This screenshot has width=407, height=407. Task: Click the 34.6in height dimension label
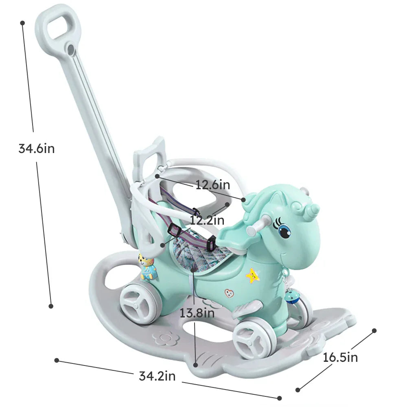click(x=36, y=149)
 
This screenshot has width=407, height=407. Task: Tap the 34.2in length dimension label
click(x=157, y=376)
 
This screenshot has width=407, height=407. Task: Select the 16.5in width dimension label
click(x=340, y=357)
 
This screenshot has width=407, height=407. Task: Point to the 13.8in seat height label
click(x=197, y=313)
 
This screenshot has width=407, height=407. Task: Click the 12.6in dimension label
click(x=212, y=185)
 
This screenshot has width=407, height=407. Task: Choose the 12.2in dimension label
click(x=207, y=220)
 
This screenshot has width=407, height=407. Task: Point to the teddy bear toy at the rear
click(x=147, y=267)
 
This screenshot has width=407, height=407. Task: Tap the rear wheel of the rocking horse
click(x=137, y=303)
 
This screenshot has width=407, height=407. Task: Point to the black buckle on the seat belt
click(x=211, y=244)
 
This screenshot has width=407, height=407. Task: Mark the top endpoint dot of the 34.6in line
click(x=22, y=23)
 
